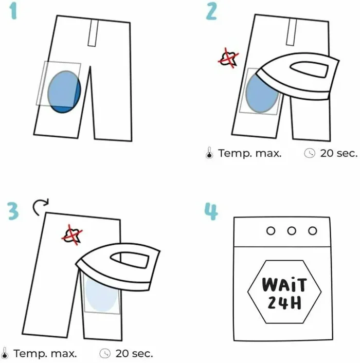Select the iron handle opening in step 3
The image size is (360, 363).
131,261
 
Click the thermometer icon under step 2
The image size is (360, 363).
209,153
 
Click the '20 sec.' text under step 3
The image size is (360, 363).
134,353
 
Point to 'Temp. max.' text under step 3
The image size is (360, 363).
45,353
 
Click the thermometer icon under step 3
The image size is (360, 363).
5,353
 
